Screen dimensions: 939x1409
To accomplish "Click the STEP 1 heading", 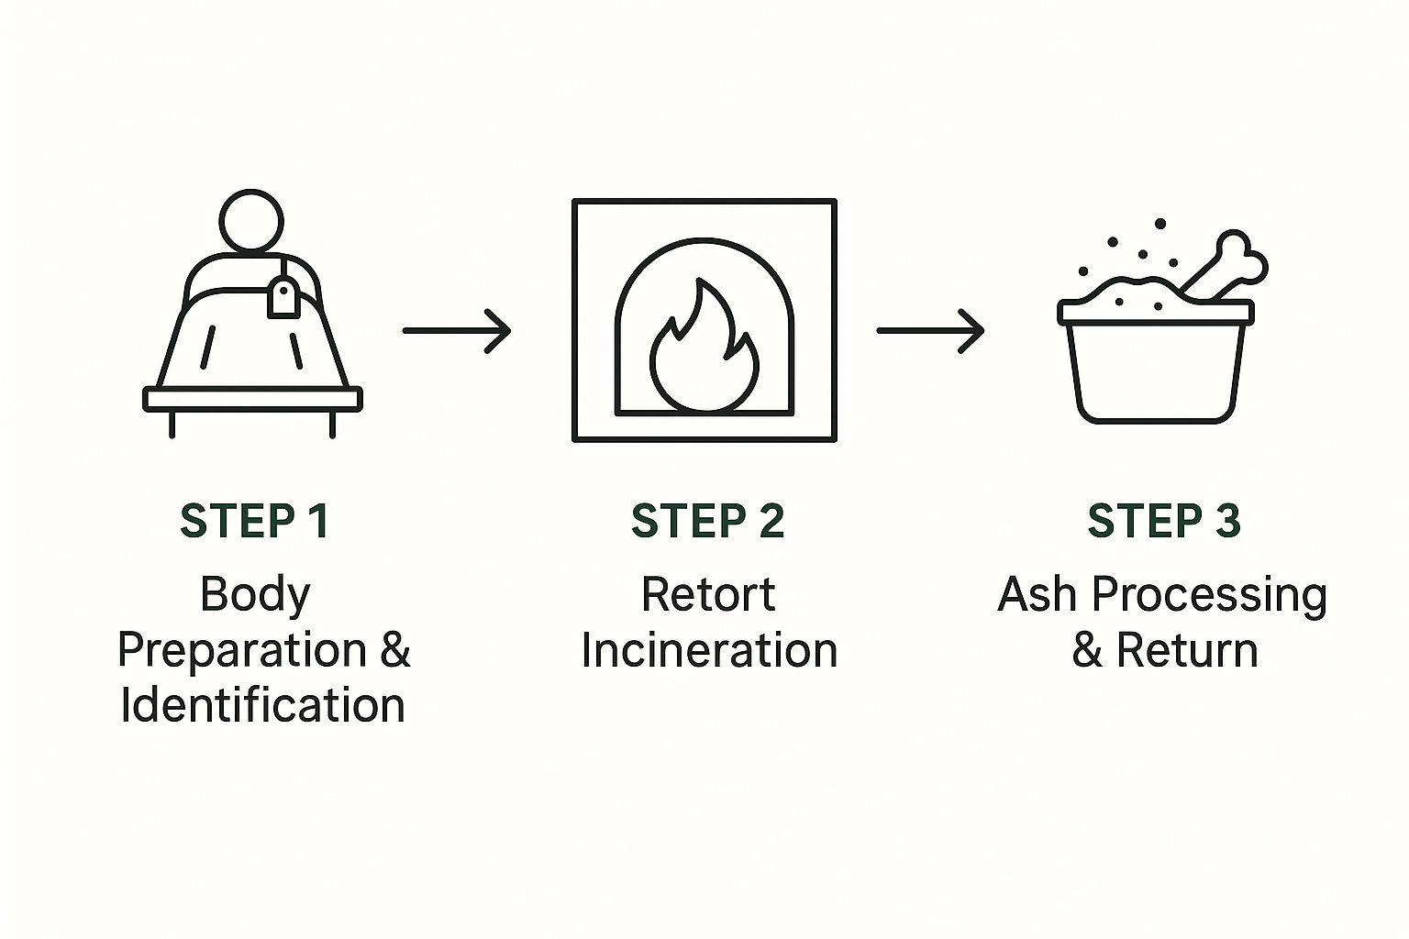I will pyautogui.click(x=254, y=521).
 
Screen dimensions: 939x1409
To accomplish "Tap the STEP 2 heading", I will pyautogui.click(x=707, y=521).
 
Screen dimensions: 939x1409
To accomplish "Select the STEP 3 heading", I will pyautogui.click(x=1163, y=521).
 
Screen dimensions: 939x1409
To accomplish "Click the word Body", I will pyautogui.click(x=255, y=595).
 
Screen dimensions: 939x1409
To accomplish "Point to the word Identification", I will pyautogui.click(x=262, y=705).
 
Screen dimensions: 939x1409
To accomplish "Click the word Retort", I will pyautogui.click(x=707, y=594).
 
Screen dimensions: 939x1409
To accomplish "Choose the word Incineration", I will pyautogui.click(x=709, y=650).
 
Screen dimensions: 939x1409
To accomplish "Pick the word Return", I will pyautogui.click(x=1186, y=650).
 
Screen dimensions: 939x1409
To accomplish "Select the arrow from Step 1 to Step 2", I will pyautogui.click(x=456, y=330).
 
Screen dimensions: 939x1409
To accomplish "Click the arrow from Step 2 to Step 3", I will pyautogui.click(x=929, y=330).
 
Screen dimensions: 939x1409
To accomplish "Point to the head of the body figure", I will pyautogui.click(x=251, y=221).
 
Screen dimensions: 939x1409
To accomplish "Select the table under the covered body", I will pyautogui.click(x=252, y=400).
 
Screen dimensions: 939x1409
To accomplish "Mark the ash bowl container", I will pyautogui.click(x=1154, y=367).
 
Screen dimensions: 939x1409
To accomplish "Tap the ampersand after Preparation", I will pyautogui.click(x=394, y=650).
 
